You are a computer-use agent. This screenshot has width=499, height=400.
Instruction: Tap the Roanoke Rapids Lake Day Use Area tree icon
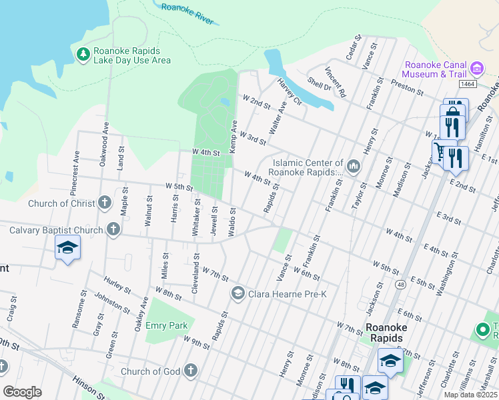click(x=83, y=54)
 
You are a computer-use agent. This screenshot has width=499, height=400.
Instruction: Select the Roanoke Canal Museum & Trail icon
click(x=476, y=69)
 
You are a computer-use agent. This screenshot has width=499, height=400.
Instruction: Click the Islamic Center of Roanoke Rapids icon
click(x=354, y=165)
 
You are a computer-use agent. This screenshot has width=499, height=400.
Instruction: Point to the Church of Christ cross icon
click(x=104, y=203)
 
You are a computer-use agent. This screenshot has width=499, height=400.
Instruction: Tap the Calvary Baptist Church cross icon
click(x=113, y=230)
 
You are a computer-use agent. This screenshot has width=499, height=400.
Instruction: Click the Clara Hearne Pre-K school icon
click(x=237, y=293)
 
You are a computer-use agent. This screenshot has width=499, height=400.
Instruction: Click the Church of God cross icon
click(x=191, y=371)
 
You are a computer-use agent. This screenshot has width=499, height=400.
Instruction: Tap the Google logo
click(x=22, y=392)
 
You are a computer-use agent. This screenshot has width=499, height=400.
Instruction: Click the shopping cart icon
click(x=440, y=152)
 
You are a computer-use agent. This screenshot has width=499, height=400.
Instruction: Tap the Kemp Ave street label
click(x=233, y=136)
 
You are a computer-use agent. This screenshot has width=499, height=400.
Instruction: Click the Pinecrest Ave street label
click(x=76, y=175)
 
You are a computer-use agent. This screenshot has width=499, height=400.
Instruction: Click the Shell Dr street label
click(x=319, y=85)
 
